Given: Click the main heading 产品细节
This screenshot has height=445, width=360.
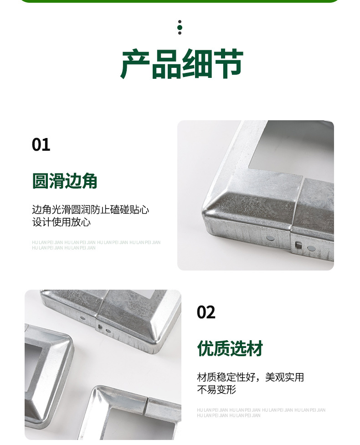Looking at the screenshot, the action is (x=182, y=64).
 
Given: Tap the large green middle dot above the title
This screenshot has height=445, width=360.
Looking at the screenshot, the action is (x=180, y=27).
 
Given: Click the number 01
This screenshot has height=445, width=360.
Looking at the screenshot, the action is (x=41, y=145).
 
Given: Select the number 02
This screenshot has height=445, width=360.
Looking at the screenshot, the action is (x=206, y=312).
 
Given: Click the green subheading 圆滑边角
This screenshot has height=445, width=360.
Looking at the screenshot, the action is (x=64, y=181).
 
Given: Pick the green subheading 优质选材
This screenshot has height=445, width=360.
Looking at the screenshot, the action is (x=230, y=348).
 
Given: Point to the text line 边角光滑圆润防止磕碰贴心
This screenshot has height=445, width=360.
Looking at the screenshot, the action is (x=90, y=210).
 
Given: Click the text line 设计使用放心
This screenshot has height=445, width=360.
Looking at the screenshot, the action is (x=62, y=222).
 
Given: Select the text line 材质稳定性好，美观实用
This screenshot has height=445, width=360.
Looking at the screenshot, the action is (x=251, y=377).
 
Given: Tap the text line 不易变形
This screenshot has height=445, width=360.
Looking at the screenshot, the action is (x=216, y=389).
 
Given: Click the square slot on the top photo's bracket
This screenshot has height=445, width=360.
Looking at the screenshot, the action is (x=298, y=245).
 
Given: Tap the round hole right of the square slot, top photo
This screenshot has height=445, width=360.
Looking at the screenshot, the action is (x=311, y=248).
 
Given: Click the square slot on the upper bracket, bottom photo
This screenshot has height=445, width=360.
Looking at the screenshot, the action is (x=100, y=327).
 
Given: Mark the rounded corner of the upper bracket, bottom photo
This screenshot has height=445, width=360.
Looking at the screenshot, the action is (x=156, y=348).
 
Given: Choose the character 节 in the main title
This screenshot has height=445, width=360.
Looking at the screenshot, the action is (x=229, y=64).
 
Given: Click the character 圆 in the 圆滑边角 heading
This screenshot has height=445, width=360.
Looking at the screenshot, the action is (x=40, y=181).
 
